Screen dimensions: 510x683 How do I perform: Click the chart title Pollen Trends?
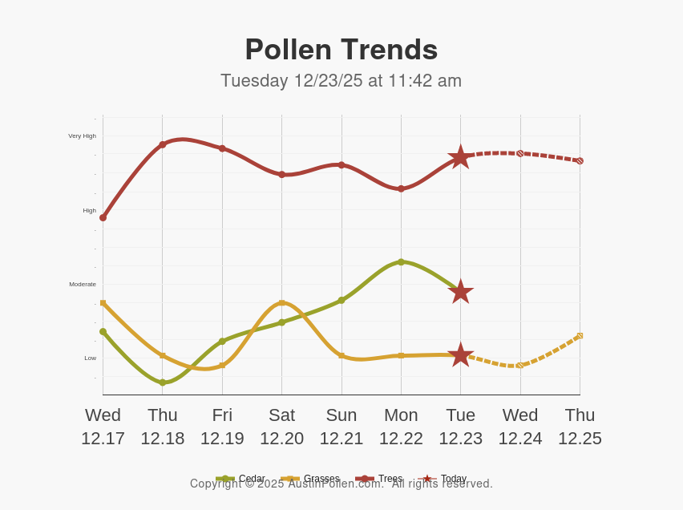pyautogui.click(x=341, y=50)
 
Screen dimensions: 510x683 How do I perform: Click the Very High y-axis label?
pyautogui.click(x=82, y=136)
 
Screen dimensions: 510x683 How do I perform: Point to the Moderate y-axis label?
pyautogui.click(x=83, y=284)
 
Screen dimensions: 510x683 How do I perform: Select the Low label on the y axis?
pyautogui.click(x=90, y=358)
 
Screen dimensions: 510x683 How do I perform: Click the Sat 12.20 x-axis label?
pyautogui.click(x=281, y=427)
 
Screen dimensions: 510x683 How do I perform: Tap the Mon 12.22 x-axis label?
pyautogui.click(x=401, y=427)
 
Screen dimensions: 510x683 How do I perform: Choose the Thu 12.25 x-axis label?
pyautogui.click(x=580, y=427)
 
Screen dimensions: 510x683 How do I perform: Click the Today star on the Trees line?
pyautogui.click(x=460, y=157)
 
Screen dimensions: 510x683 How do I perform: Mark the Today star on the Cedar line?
pyautogui.click(x=460, y=292)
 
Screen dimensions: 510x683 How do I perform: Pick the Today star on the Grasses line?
pyautogui.click(x=460, y=354)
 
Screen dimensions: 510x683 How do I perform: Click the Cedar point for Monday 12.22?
pyautogui.click(x=401, y=262)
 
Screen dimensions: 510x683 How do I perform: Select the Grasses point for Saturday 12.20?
pyautogui.click(x=281, y=303)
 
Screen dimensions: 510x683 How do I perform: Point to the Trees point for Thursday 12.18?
pyautogui.click(x=163, y=144)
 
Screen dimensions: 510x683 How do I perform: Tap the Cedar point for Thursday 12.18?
pyautogui.click(x=163, y=382)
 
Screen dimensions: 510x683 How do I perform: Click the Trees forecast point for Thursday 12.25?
pyautogui.click(x=580, y=161)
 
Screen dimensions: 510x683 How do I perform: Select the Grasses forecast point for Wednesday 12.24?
pyautogui.click(x=520, y=365)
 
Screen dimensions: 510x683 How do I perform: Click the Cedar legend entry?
pyautogui.click(x=241, y=479)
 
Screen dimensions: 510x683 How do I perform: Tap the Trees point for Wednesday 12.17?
pyautogui.click(x=103, y=217)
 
